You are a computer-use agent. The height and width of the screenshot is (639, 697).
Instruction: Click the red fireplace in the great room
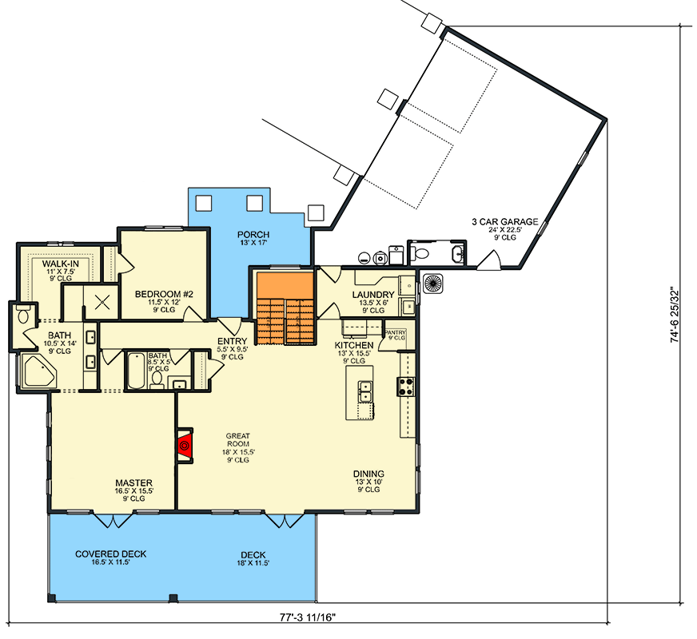pos(185,443)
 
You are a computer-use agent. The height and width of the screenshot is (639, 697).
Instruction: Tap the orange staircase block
pos(284,308)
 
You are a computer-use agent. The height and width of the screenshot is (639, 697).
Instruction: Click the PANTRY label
pos(396,332)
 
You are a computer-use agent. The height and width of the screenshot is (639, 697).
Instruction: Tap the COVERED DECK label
pos(111,554)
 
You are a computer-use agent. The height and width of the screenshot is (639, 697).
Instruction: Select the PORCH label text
pos(253,235)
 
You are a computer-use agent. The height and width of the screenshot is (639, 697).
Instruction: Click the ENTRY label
pos(232,342)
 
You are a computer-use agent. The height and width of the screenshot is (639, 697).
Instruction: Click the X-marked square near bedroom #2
pos(101,302)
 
